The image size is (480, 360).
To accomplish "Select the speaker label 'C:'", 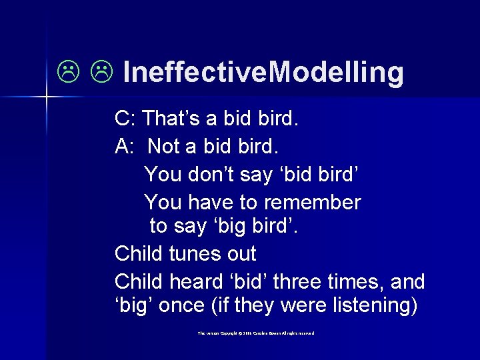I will coord(125,119).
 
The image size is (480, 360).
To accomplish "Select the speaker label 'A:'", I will coord(125,145).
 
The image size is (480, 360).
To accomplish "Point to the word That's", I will coord(171,119).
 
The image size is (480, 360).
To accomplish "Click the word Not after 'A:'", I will coord(164,145).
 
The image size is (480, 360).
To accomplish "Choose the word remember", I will coord(313,201).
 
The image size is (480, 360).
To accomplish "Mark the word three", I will coord(297,281).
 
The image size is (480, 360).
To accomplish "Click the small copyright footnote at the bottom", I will coord(255,333).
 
